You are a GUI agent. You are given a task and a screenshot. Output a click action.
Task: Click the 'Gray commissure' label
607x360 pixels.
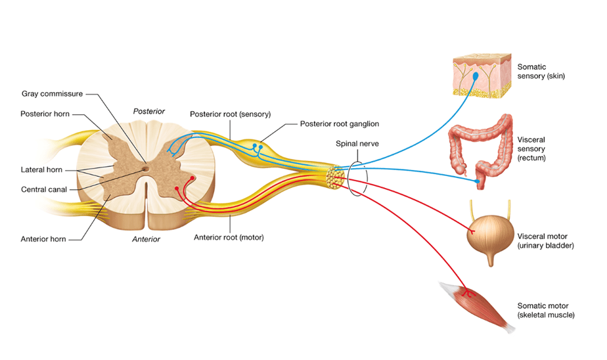(x=52, y=94)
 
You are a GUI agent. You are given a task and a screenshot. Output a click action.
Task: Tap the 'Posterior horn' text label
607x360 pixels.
(x=45, y=114)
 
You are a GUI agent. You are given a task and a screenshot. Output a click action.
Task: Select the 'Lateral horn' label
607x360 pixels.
(x=41, y=169)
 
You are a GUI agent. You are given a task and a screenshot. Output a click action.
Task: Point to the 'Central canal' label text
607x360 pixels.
(x=44, y=189)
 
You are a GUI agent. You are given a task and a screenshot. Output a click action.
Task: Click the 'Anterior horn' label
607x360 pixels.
(x=43, y=239)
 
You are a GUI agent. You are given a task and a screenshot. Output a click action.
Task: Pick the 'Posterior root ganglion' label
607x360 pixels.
(x=340, y=124)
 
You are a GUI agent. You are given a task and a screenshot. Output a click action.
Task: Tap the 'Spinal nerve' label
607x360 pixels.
(x=357, y=144)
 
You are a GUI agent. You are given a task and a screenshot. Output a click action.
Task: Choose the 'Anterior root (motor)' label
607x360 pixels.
(x=229, y=237)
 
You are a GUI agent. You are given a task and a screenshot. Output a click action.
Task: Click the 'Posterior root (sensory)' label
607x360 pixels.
(x=231, y=114)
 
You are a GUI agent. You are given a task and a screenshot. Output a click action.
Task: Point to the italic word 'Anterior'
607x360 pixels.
(x=146, y=239)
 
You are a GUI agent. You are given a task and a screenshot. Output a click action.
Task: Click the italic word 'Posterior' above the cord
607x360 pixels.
(x=149, y=112)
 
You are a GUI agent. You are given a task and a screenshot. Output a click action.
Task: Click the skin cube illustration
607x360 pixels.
(x=482, y=76)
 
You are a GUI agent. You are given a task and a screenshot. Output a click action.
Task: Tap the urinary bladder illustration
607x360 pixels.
(x=490, y=234)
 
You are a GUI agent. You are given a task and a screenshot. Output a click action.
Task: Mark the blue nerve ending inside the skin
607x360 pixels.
(x=476, y=77)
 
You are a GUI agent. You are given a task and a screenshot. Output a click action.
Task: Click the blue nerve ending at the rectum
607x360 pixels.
(x=478, y=181)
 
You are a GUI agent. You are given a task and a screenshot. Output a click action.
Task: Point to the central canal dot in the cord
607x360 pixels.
(x=145, y=169)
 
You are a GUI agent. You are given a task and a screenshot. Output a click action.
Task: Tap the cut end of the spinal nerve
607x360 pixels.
(x=335, y=177)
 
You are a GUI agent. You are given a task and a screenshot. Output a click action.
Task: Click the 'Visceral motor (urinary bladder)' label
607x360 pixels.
(x=545, y=241)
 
